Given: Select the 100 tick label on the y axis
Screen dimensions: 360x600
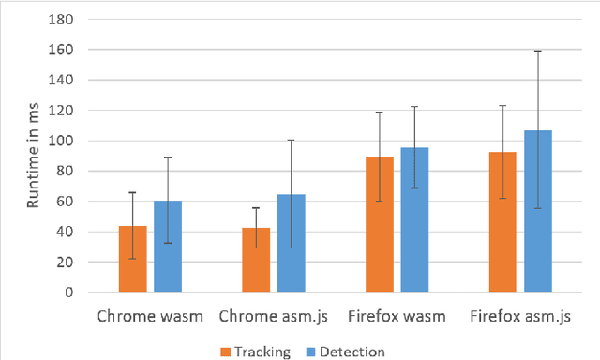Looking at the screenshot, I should point(67,141).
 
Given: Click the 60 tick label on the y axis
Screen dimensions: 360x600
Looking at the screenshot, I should point(69,202).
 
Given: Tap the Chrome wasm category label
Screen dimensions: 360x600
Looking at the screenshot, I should point(150,316).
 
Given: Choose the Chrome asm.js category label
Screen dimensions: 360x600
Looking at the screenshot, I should point(273,316).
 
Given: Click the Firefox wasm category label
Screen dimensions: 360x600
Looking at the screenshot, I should point(397,316).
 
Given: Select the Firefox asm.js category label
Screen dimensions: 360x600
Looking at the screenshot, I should point(519,316).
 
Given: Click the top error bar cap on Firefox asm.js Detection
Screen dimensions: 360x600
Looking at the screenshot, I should point(537,51).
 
